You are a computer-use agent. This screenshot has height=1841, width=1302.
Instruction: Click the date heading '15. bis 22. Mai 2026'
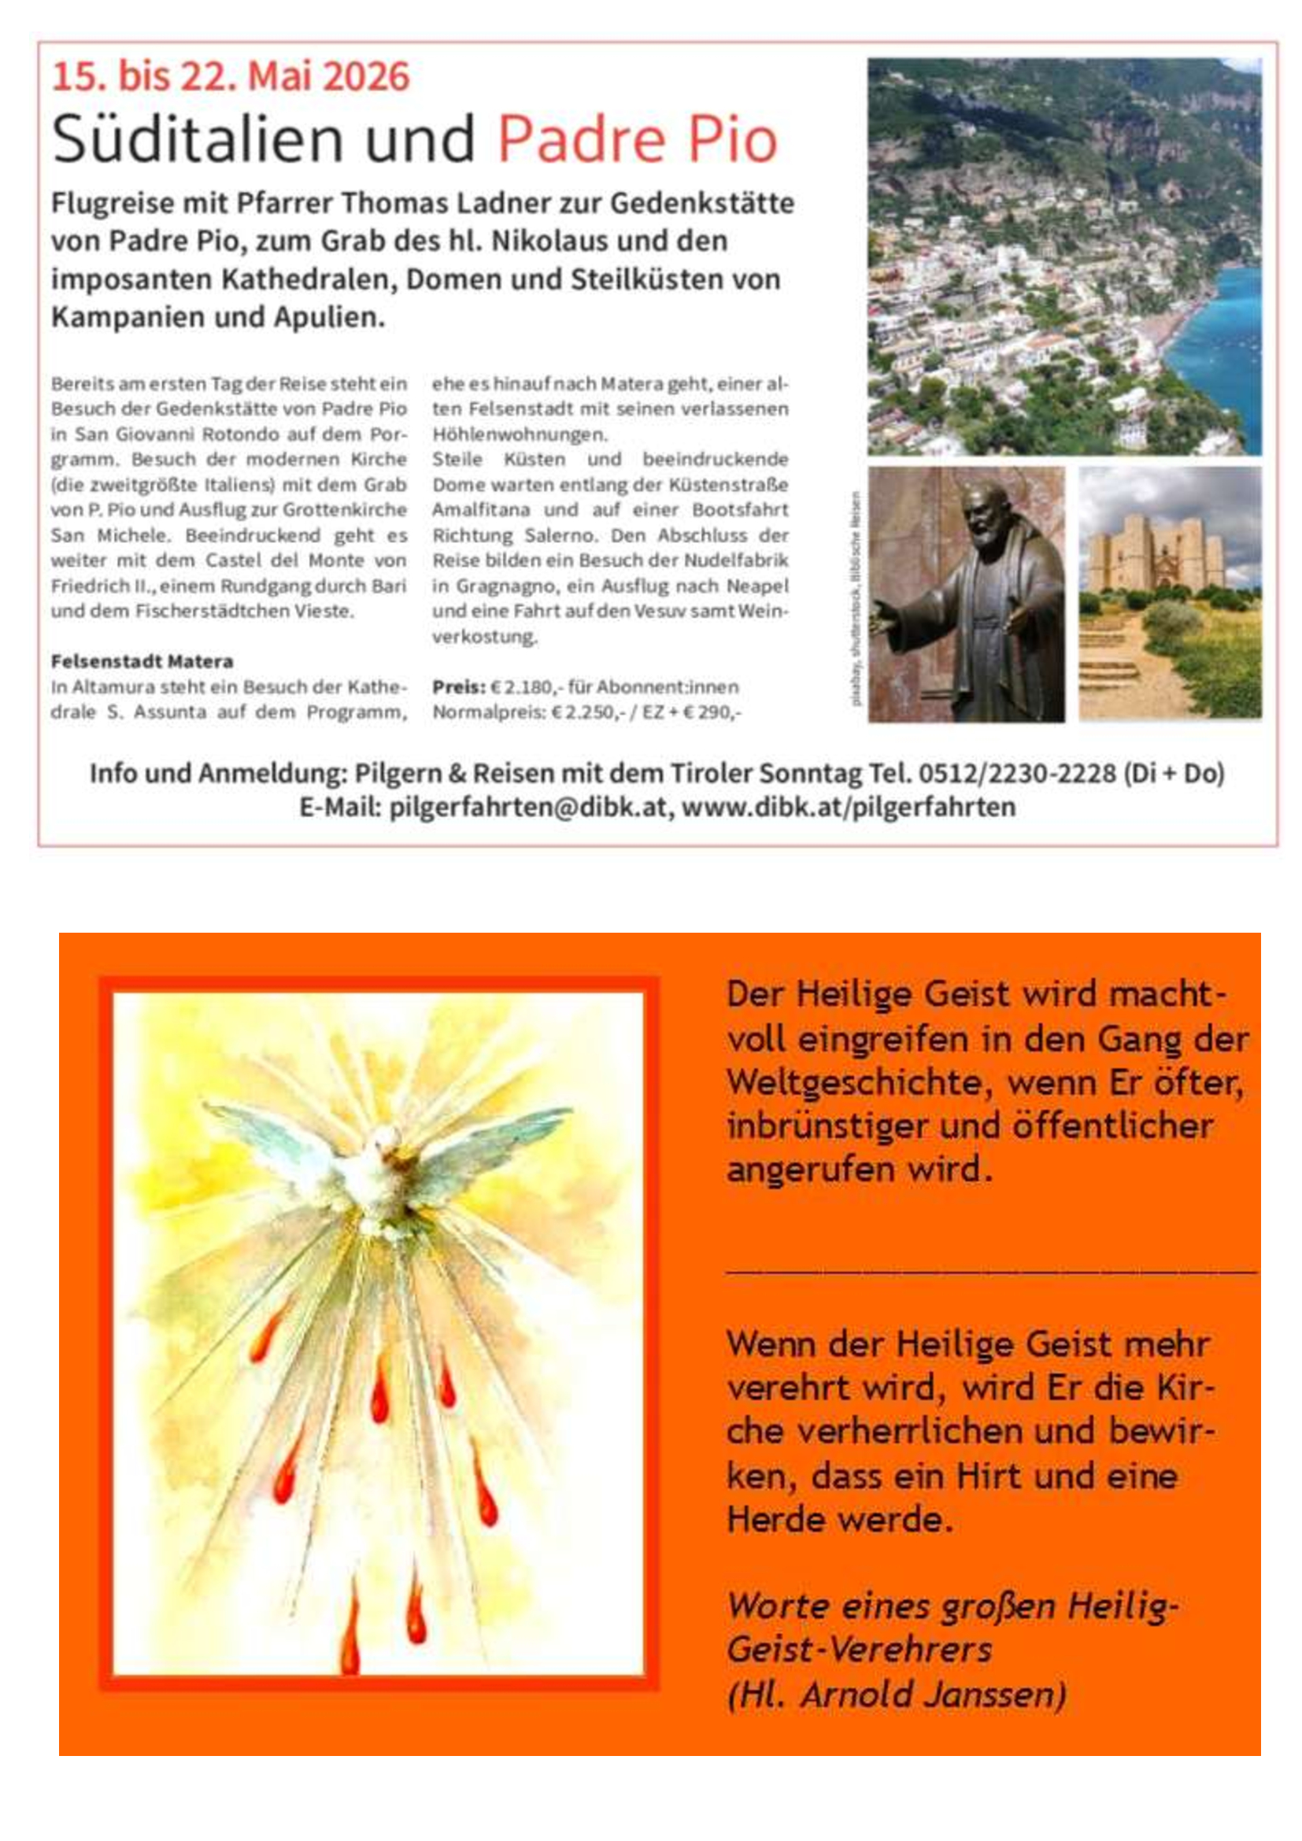(x=230, y=77)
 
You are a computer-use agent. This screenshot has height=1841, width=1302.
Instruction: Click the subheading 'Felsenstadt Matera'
(x=142, y=661)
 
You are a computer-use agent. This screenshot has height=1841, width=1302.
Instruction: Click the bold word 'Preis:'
(x=459, y=687)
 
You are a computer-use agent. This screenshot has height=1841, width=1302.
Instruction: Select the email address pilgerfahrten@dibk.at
(x=527, y=807)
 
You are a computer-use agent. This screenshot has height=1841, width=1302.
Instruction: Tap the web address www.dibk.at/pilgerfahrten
(x=849, y=807)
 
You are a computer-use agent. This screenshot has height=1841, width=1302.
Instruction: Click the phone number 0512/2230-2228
(x=1016, y=773)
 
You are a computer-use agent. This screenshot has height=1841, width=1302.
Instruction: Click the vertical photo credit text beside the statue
(x=856, y=597)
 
